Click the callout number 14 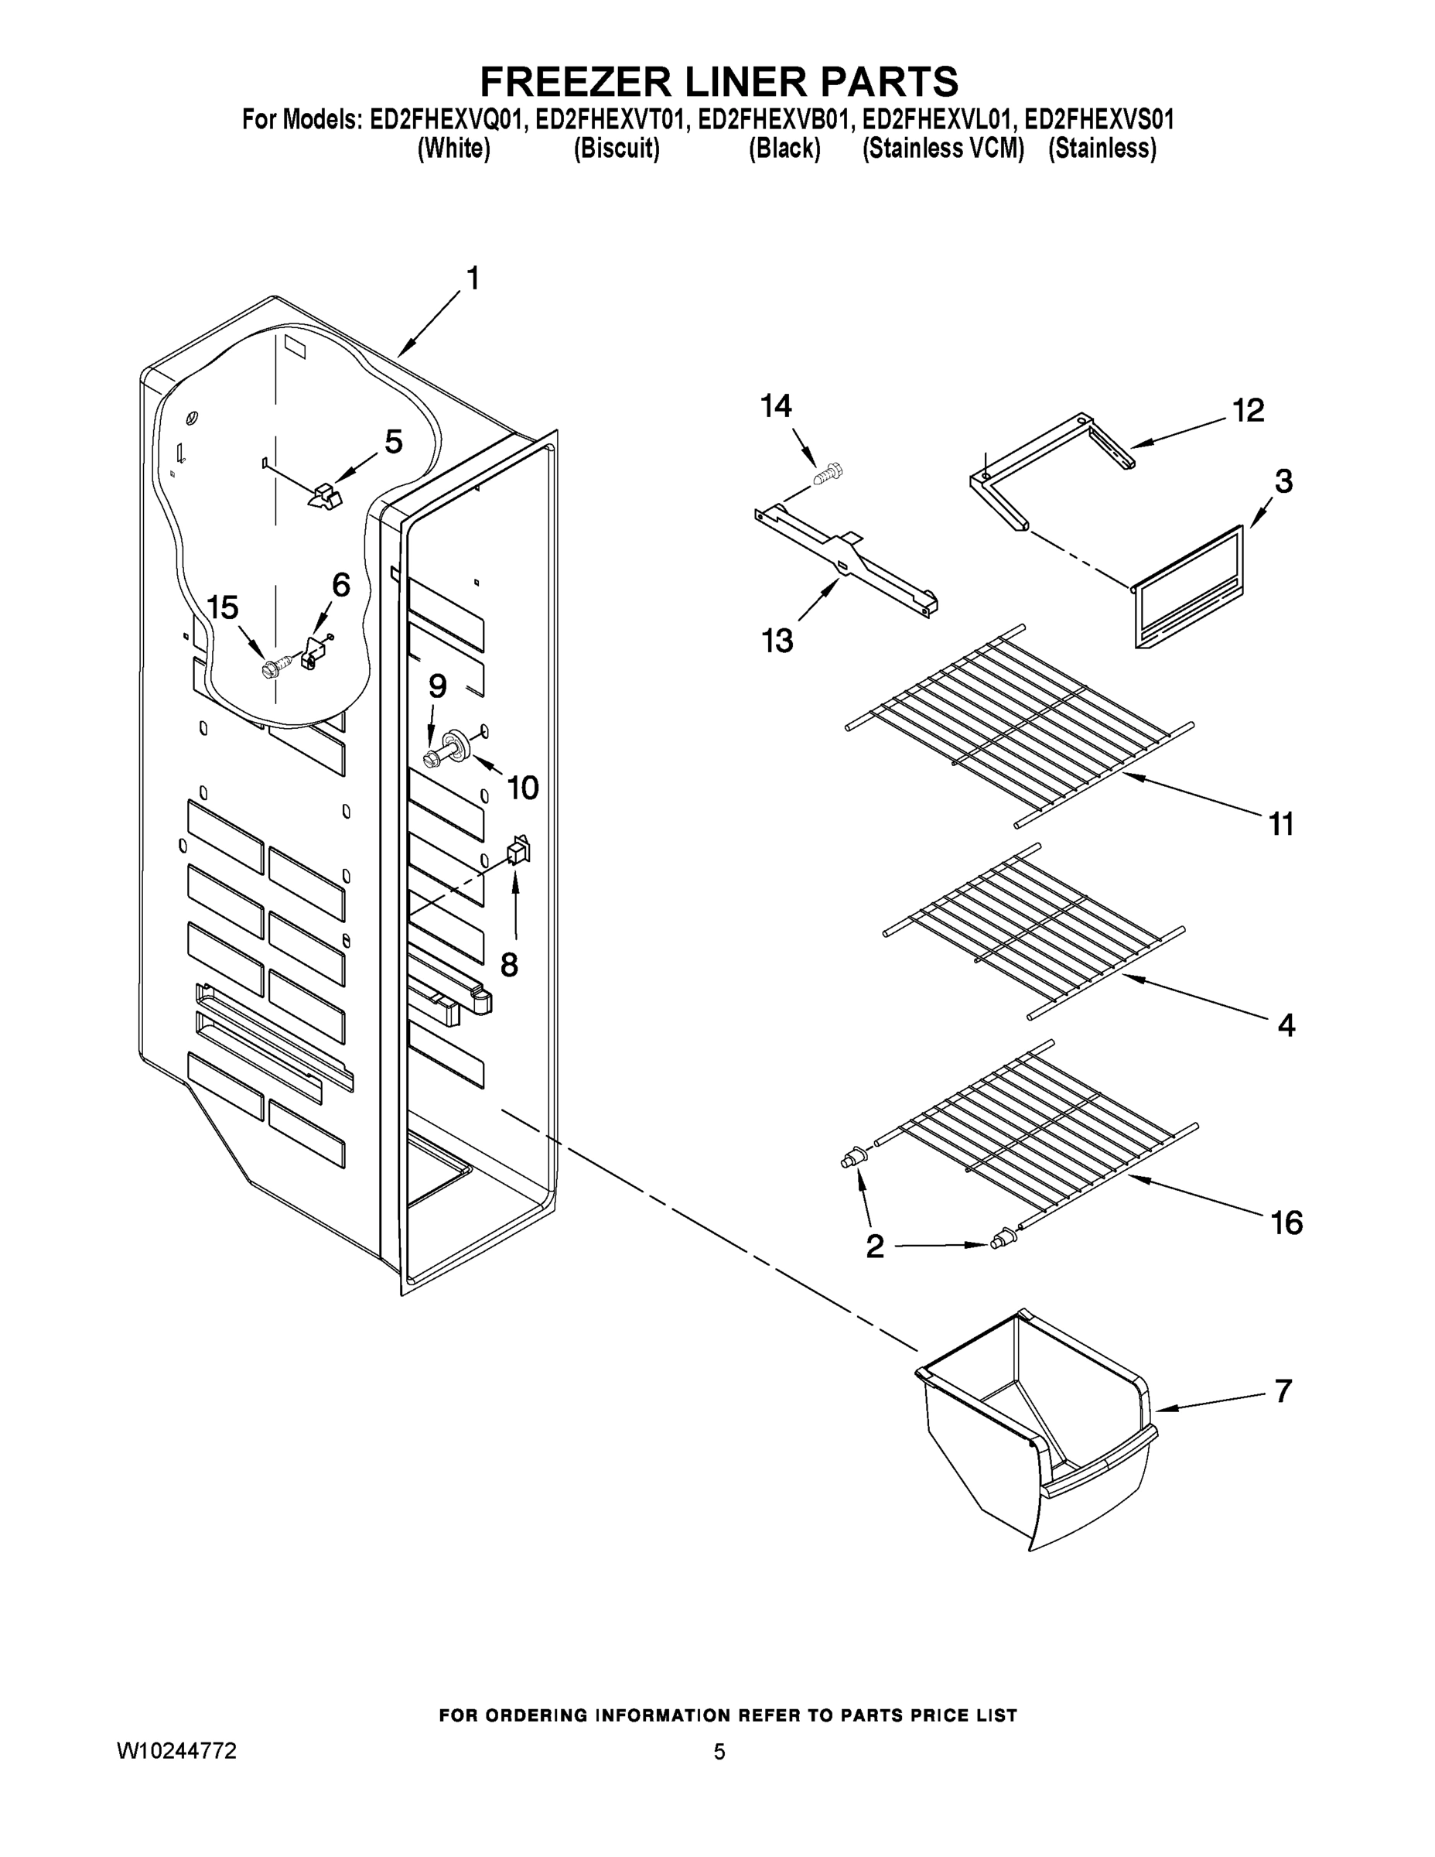(775, 405)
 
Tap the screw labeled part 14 (826, 473)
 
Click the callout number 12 (1248, 411)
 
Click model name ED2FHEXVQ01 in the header (444, 120)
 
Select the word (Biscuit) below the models (617, 149)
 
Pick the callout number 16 (1286, 1223)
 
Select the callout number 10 (523, 788)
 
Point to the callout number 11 (1280, 823)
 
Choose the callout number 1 (473, 278)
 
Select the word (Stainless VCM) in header (943, 149)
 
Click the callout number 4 (1286, 1025)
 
